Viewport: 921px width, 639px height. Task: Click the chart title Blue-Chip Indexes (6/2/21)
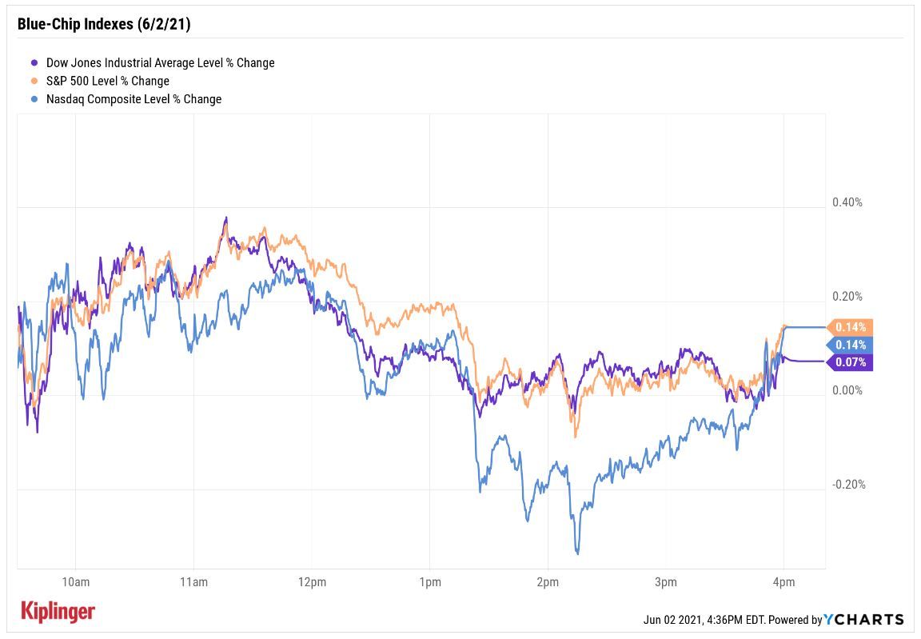coord(104,24)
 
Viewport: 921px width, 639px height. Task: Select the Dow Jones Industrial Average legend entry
coord(160,62)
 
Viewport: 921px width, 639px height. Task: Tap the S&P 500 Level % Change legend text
coord(107,81)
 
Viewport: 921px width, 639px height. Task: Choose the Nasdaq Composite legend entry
coord(134,99)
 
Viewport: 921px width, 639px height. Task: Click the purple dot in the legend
coord(34,62)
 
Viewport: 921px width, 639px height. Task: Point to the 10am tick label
coord(74,581)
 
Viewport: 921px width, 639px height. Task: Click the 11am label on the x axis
coord(193,581)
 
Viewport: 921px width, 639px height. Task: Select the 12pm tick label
coord(311,581)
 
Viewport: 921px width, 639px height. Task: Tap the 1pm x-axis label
coord(429,581)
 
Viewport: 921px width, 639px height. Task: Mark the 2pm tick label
coord(548,581)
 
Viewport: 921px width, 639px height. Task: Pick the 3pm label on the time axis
coord(665,581)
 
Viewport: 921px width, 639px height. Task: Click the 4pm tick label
coord(783,581)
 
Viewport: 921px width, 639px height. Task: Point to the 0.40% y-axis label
coord(847,202)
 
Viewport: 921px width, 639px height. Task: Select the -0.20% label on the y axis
coord(848,485)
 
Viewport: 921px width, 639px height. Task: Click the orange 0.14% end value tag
coord(851,326)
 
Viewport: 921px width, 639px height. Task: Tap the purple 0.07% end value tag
coord(851,362)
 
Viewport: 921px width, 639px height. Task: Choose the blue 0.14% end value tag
coord(851,345)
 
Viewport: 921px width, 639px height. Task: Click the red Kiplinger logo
coord(57,612)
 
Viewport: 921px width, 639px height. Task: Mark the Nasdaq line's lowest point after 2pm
coord(577,553)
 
